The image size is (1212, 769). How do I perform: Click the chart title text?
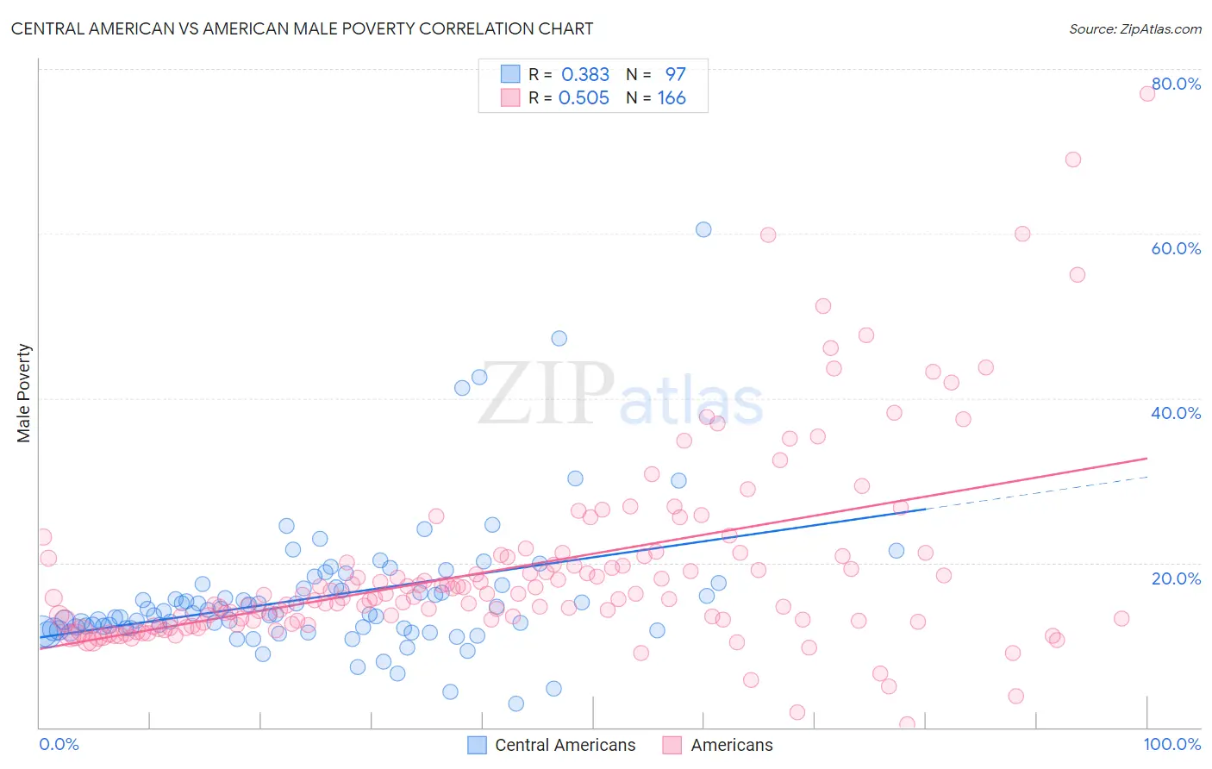302,28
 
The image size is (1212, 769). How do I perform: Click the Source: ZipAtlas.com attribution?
1134,28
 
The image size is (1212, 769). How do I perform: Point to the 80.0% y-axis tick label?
1176,84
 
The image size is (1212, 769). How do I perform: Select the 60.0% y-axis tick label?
1176,248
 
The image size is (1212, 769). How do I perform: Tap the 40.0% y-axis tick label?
1176,413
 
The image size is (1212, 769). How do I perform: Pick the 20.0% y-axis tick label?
1176,578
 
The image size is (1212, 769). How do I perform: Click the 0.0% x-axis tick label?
59,744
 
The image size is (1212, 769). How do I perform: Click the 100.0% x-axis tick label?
1171,744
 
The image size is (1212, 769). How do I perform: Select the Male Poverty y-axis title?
24,393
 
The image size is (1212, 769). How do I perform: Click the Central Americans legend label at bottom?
565,745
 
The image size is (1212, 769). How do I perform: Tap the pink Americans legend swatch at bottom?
672,745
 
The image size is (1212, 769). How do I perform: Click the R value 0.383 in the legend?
585,75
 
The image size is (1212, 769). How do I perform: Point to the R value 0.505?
584,98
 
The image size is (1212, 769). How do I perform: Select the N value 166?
672,98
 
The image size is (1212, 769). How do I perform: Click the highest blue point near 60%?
703,229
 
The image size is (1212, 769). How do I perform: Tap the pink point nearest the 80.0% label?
1147,93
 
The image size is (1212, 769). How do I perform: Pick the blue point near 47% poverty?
559,339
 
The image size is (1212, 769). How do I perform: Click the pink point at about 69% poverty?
1073,159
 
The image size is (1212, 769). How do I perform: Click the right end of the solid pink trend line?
1146,459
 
